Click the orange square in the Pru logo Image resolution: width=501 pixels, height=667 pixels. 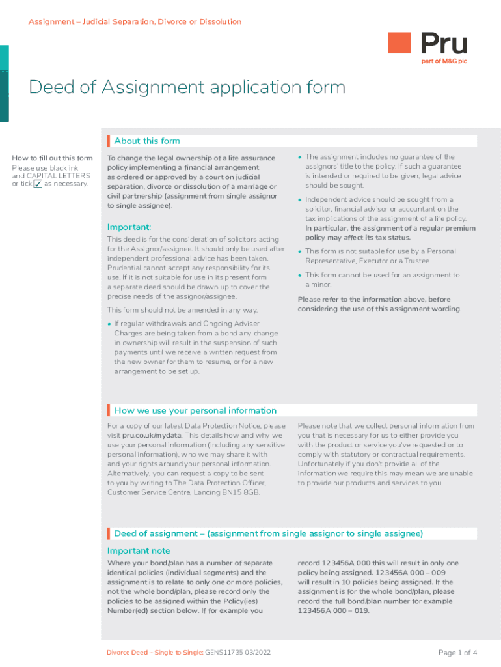pos(399,44)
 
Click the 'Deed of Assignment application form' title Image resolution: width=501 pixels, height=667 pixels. pos(187,87)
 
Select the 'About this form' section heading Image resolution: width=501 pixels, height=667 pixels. pos(147,141)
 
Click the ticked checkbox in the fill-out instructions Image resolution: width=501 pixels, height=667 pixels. pos(38,184)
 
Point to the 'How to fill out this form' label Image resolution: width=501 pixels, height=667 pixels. pos(52,158)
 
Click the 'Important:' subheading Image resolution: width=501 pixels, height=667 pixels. pos(129,227)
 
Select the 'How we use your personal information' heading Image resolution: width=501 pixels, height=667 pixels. pos(195,410)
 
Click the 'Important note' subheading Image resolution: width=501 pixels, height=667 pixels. pos(139,551)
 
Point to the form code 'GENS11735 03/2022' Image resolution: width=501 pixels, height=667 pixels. pos(239,653)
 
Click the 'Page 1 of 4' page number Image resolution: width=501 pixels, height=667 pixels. pos(458,653)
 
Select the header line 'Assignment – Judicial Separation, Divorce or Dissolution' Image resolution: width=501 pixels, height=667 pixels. pos(135,22)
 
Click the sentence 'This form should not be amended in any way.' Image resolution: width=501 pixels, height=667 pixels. pos(182,310)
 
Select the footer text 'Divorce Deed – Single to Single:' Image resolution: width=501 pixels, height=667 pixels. pos(155,653)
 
